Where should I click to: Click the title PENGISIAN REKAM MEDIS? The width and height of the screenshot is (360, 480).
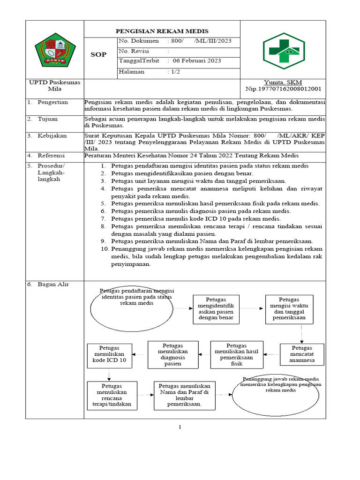point(162,31)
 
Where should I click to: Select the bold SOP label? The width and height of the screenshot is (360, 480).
point(98,55)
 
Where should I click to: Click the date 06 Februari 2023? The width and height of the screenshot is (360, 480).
point(197,61)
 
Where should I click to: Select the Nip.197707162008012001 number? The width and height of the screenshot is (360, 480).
point(283,89)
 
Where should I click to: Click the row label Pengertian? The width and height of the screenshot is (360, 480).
point(52,102)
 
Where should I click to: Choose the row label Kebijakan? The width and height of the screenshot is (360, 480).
point(52,136)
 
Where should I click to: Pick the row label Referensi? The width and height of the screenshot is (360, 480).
point(52,156)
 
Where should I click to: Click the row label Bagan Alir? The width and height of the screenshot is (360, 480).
point(53,285)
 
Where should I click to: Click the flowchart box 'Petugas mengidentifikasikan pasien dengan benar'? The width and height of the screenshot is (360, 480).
point(216,309)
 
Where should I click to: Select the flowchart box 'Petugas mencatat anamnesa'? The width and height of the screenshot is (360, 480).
point(301,354)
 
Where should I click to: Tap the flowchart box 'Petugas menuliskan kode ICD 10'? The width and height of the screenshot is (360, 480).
point(110,355)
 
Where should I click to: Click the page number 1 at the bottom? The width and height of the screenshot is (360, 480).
point(180,427)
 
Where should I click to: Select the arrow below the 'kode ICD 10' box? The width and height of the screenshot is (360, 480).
point(109,374)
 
